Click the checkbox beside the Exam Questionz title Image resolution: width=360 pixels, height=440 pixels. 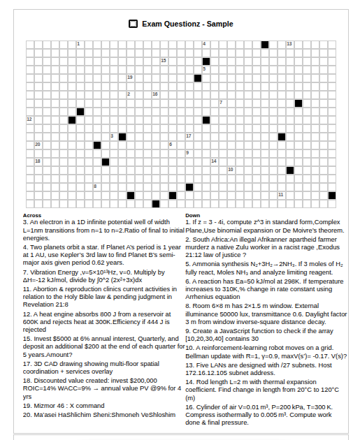(x=134, y=24)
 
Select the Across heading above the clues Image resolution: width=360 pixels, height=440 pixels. (x=32, y=215)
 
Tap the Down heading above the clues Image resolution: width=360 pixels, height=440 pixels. (x=193, y=215)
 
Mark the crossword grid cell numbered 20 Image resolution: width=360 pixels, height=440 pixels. (x=38, y=145)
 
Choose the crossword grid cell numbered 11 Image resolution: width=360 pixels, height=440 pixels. (x=282, y=196)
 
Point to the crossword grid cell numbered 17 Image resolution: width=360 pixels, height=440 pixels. (x=189, y=137)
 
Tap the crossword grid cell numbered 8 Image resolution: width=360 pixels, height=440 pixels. (x=97, y=187)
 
